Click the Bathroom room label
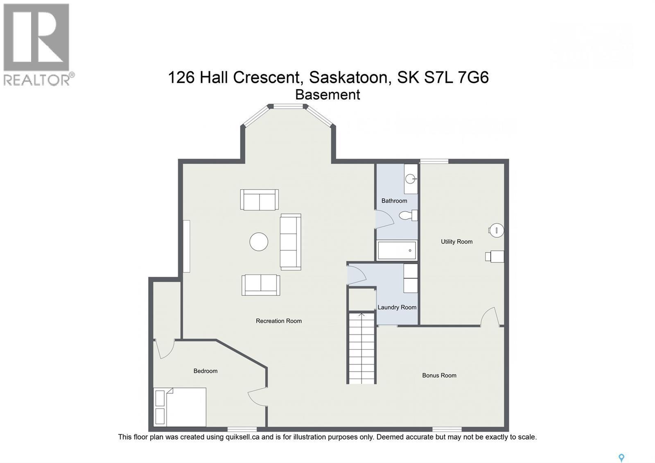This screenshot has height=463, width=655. click(x=394, y=201)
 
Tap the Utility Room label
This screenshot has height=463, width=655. click(x=456, y=242)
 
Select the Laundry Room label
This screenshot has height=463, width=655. click(x=397, y=307)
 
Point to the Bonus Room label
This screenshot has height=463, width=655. click(x=439, y=375)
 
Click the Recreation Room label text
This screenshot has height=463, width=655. click(x=278, y=321)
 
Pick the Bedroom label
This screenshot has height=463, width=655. click(x=205, y=371)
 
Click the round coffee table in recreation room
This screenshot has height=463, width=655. click(x=259, y=242)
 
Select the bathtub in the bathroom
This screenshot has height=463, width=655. click(x=396, y=250)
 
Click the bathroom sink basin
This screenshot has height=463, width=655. click(x=410, y=179)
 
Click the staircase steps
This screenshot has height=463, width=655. click(x=361, y=348)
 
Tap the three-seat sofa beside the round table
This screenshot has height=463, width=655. click(x=290, y=242)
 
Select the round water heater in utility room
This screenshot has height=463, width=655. click(x=497, y=230)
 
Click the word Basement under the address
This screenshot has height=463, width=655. click(x=327, y=95)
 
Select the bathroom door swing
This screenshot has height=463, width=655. click(x=384, y=219)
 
